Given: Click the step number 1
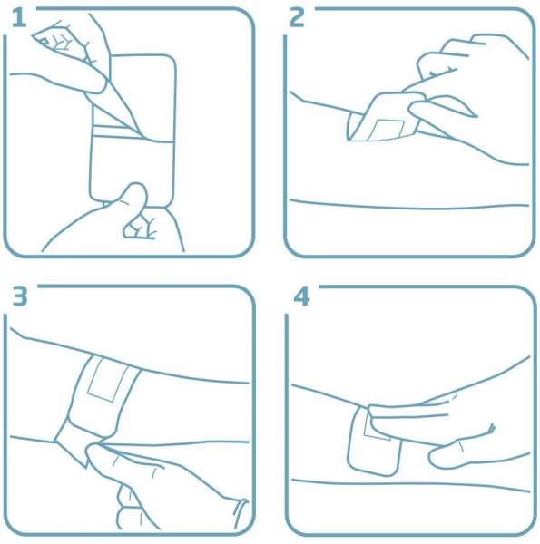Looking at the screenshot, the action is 19,18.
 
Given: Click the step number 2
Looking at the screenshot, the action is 298,18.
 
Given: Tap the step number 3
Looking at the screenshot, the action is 20,296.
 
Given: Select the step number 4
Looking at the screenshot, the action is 302,297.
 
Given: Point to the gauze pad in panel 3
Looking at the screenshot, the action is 108,379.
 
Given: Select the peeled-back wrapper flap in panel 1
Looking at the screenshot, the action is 114,101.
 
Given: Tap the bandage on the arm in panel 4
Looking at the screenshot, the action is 374,441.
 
